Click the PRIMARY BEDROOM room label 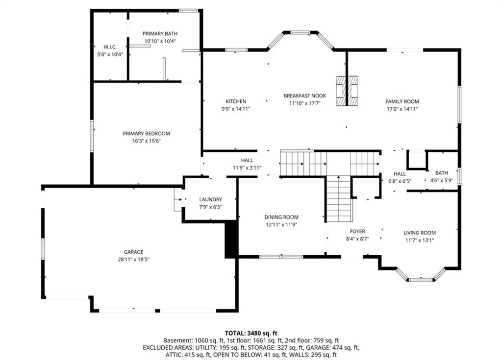coord(146,133)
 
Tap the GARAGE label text coord(133,252)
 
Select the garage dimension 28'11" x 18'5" coord(133,259)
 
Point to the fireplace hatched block coord(347,91)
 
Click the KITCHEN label coord(236,101)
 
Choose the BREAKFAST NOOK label coord(305,96)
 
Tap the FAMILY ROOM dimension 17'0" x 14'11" coord(402,109)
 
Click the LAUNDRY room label coord(211,199)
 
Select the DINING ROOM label coord(281,217)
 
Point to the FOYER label coord(357,231)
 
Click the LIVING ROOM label coord(420,233)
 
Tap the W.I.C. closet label coord(110,47)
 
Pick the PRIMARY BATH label coord(160,34)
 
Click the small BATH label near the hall coord(442,173)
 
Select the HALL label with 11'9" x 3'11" coord(247,160)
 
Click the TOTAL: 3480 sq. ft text coord(251,333)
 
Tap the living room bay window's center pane coord(420,280)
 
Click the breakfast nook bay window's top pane coord(301,32)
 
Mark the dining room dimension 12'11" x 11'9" coord(281,225)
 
